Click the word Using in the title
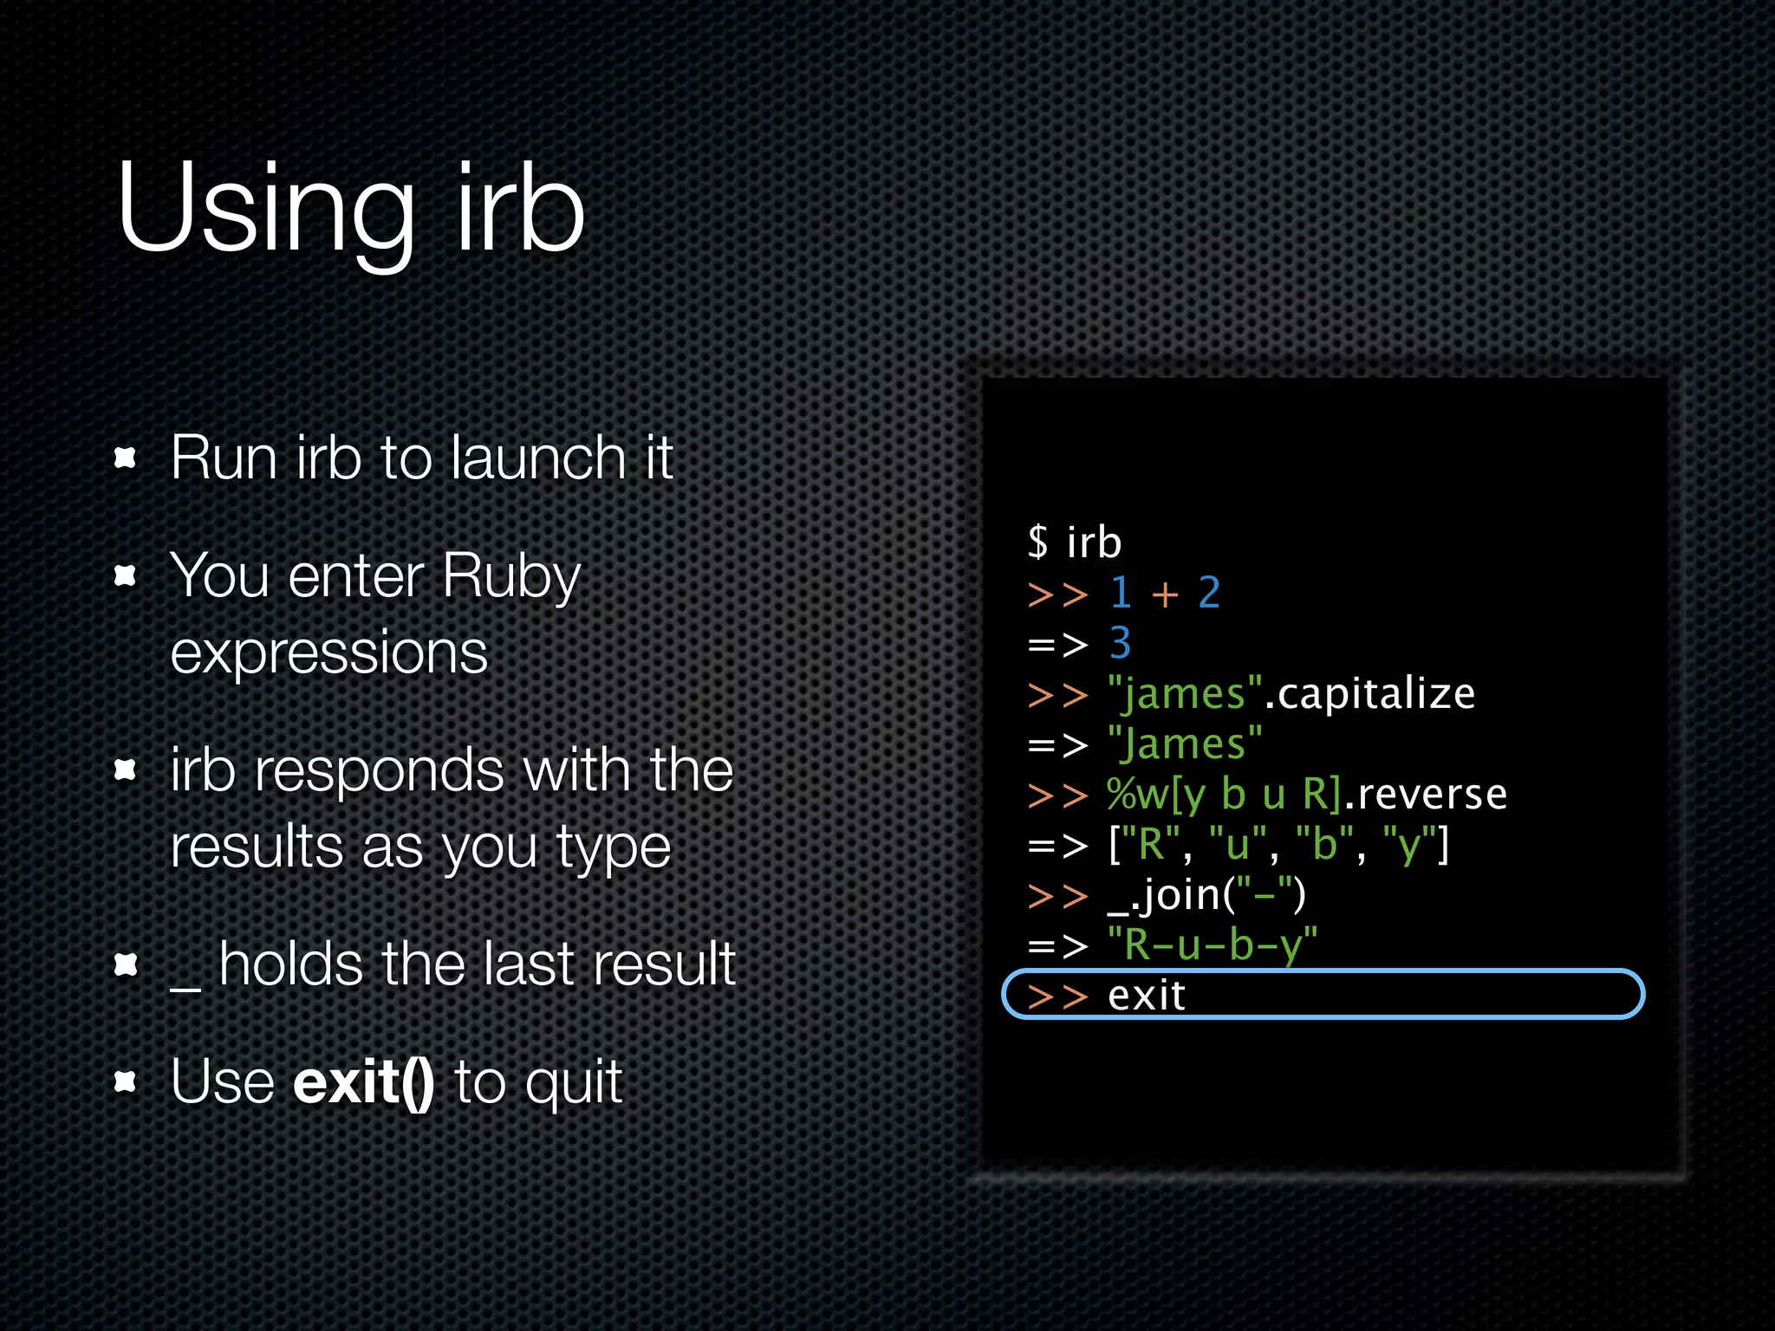tap(265, 211)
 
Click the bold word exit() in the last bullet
tap(363, 1082)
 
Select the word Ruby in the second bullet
tap(510, 576)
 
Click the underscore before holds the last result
tap(185, 986)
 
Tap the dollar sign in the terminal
tap(1037, 542)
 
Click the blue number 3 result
tap(1120, 643)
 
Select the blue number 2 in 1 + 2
tap(1209, 594)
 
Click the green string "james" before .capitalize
tap(1184, 694)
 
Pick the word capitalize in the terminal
tap(1376, 694)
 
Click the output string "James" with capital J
tap(1184, 744)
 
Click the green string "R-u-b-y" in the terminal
tap(1212, 945)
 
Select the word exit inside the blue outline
tap(1146, 996)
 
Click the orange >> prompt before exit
tap(1057, 997)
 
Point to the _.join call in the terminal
tap(1206, 895)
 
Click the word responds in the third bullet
tap(379, 770)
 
